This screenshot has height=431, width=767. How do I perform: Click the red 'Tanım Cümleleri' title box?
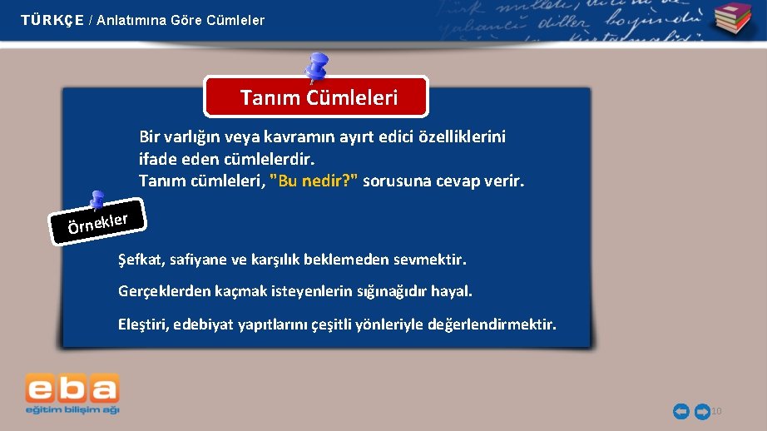coord(317,97)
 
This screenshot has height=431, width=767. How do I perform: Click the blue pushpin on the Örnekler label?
coord(96,201)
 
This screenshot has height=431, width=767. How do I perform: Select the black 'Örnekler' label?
coord(97,222)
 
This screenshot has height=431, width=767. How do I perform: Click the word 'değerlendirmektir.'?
coord(492,324)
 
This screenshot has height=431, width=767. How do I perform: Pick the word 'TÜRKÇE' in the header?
coord(52,20)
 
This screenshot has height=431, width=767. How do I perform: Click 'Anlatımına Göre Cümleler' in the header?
coord(181,20)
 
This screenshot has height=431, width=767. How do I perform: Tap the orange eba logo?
coord(72,389)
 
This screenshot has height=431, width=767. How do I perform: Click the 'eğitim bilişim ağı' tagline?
coord(72,410)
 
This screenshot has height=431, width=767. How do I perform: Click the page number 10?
coord(716,411)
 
